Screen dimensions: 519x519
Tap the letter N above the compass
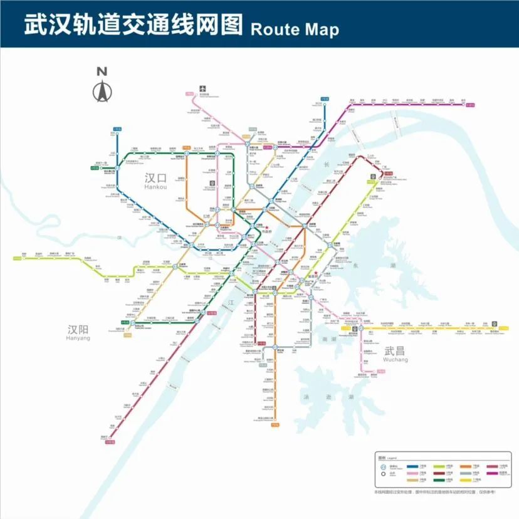tap(102, 70)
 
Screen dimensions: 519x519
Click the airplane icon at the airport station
tap(202, 88)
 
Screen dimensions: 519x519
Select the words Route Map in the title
tap(294, 29)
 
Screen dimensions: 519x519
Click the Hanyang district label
tap(78, 332)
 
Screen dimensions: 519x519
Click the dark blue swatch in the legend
tap(414, 467)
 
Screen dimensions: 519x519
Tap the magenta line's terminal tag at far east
tap(470, 105)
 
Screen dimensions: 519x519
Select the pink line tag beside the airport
tap(189, 94)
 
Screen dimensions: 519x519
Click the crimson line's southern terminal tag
tap(110, 443)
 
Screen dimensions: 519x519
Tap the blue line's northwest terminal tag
tap(115, 134)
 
